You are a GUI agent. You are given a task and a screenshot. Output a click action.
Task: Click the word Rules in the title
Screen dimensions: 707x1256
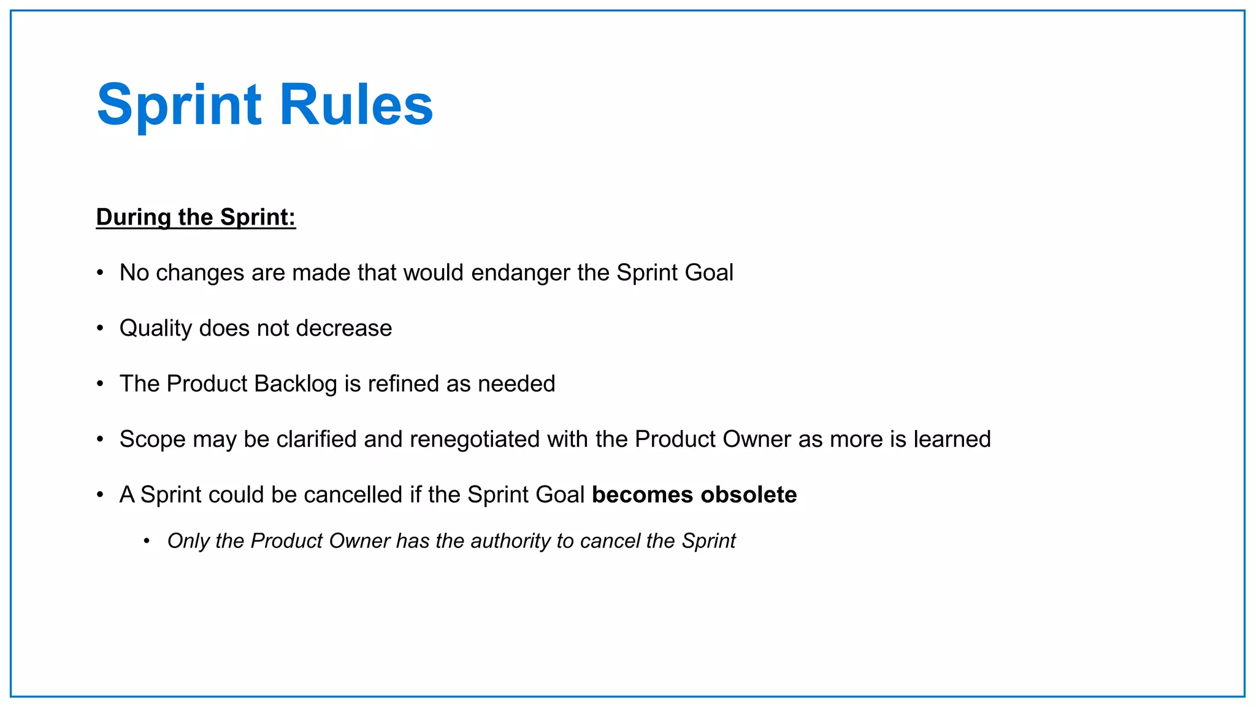(356, 105)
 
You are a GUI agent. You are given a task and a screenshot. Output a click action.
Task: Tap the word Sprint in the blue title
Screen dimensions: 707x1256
(179, 105)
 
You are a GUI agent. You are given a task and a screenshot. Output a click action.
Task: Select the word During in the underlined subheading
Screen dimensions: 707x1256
(134, 217)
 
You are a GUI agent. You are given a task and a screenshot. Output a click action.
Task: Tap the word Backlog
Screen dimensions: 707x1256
(295, 384)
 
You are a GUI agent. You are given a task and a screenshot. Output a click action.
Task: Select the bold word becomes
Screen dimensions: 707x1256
(642, 495)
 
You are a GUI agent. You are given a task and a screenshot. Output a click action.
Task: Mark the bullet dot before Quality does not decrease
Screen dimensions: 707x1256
(100, 328)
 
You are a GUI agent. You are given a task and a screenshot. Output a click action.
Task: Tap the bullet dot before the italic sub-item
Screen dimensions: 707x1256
(147, 541)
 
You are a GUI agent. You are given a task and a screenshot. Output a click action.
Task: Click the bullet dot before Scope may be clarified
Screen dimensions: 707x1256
(100, 439)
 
